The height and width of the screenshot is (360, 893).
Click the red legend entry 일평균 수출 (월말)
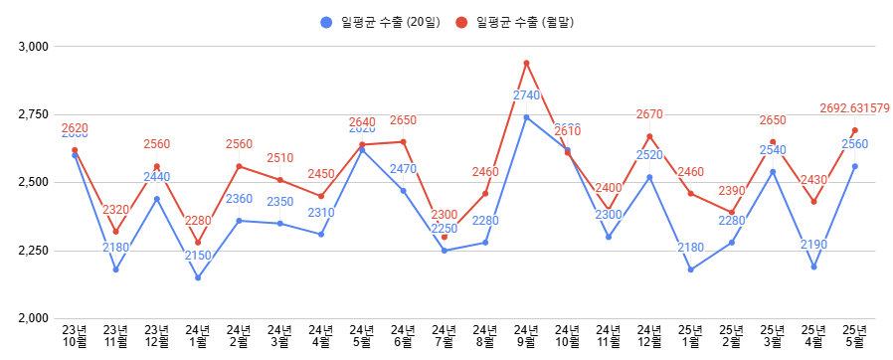(517, 22)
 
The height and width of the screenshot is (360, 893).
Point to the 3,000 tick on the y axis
(34, 47)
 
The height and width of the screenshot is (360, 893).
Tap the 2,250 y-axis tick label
(34, 251)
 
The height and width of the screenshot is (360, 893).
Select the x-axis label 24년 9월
(526, 336)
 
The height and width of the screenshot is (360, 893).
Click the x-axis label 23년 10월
(75, 336)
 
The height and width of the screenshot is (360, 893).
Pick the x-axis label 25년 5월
(854, 336)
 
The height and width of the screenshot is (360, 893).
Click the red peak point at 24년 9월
(526, 64)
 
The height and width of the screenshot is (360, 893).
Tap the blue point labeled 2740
(526, 117)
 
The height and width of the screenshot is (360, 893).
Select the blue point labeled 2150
(198, 277)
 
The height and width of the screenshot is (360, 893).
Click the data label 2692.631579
(854, 108)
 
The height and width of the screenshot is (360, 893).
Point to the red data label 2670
(649, 114)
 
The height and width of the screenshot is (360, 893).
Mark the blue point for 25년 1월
(690, 270)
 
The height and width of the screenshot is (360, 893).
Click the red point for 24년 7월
(444, 237)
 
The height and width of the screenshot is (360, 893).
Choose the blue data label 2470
(403, 169)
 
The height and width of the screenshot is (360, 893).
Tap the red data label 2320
(115, 210)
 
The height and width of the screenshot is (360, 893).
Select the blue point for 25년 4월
(813, 267)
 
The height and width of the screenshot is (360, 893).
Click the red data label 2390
(731, 191)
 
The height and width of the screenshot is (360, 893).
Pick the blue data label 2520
(649, 155)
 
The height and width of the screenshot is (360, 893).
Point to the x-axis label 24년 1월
(198, 336)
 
